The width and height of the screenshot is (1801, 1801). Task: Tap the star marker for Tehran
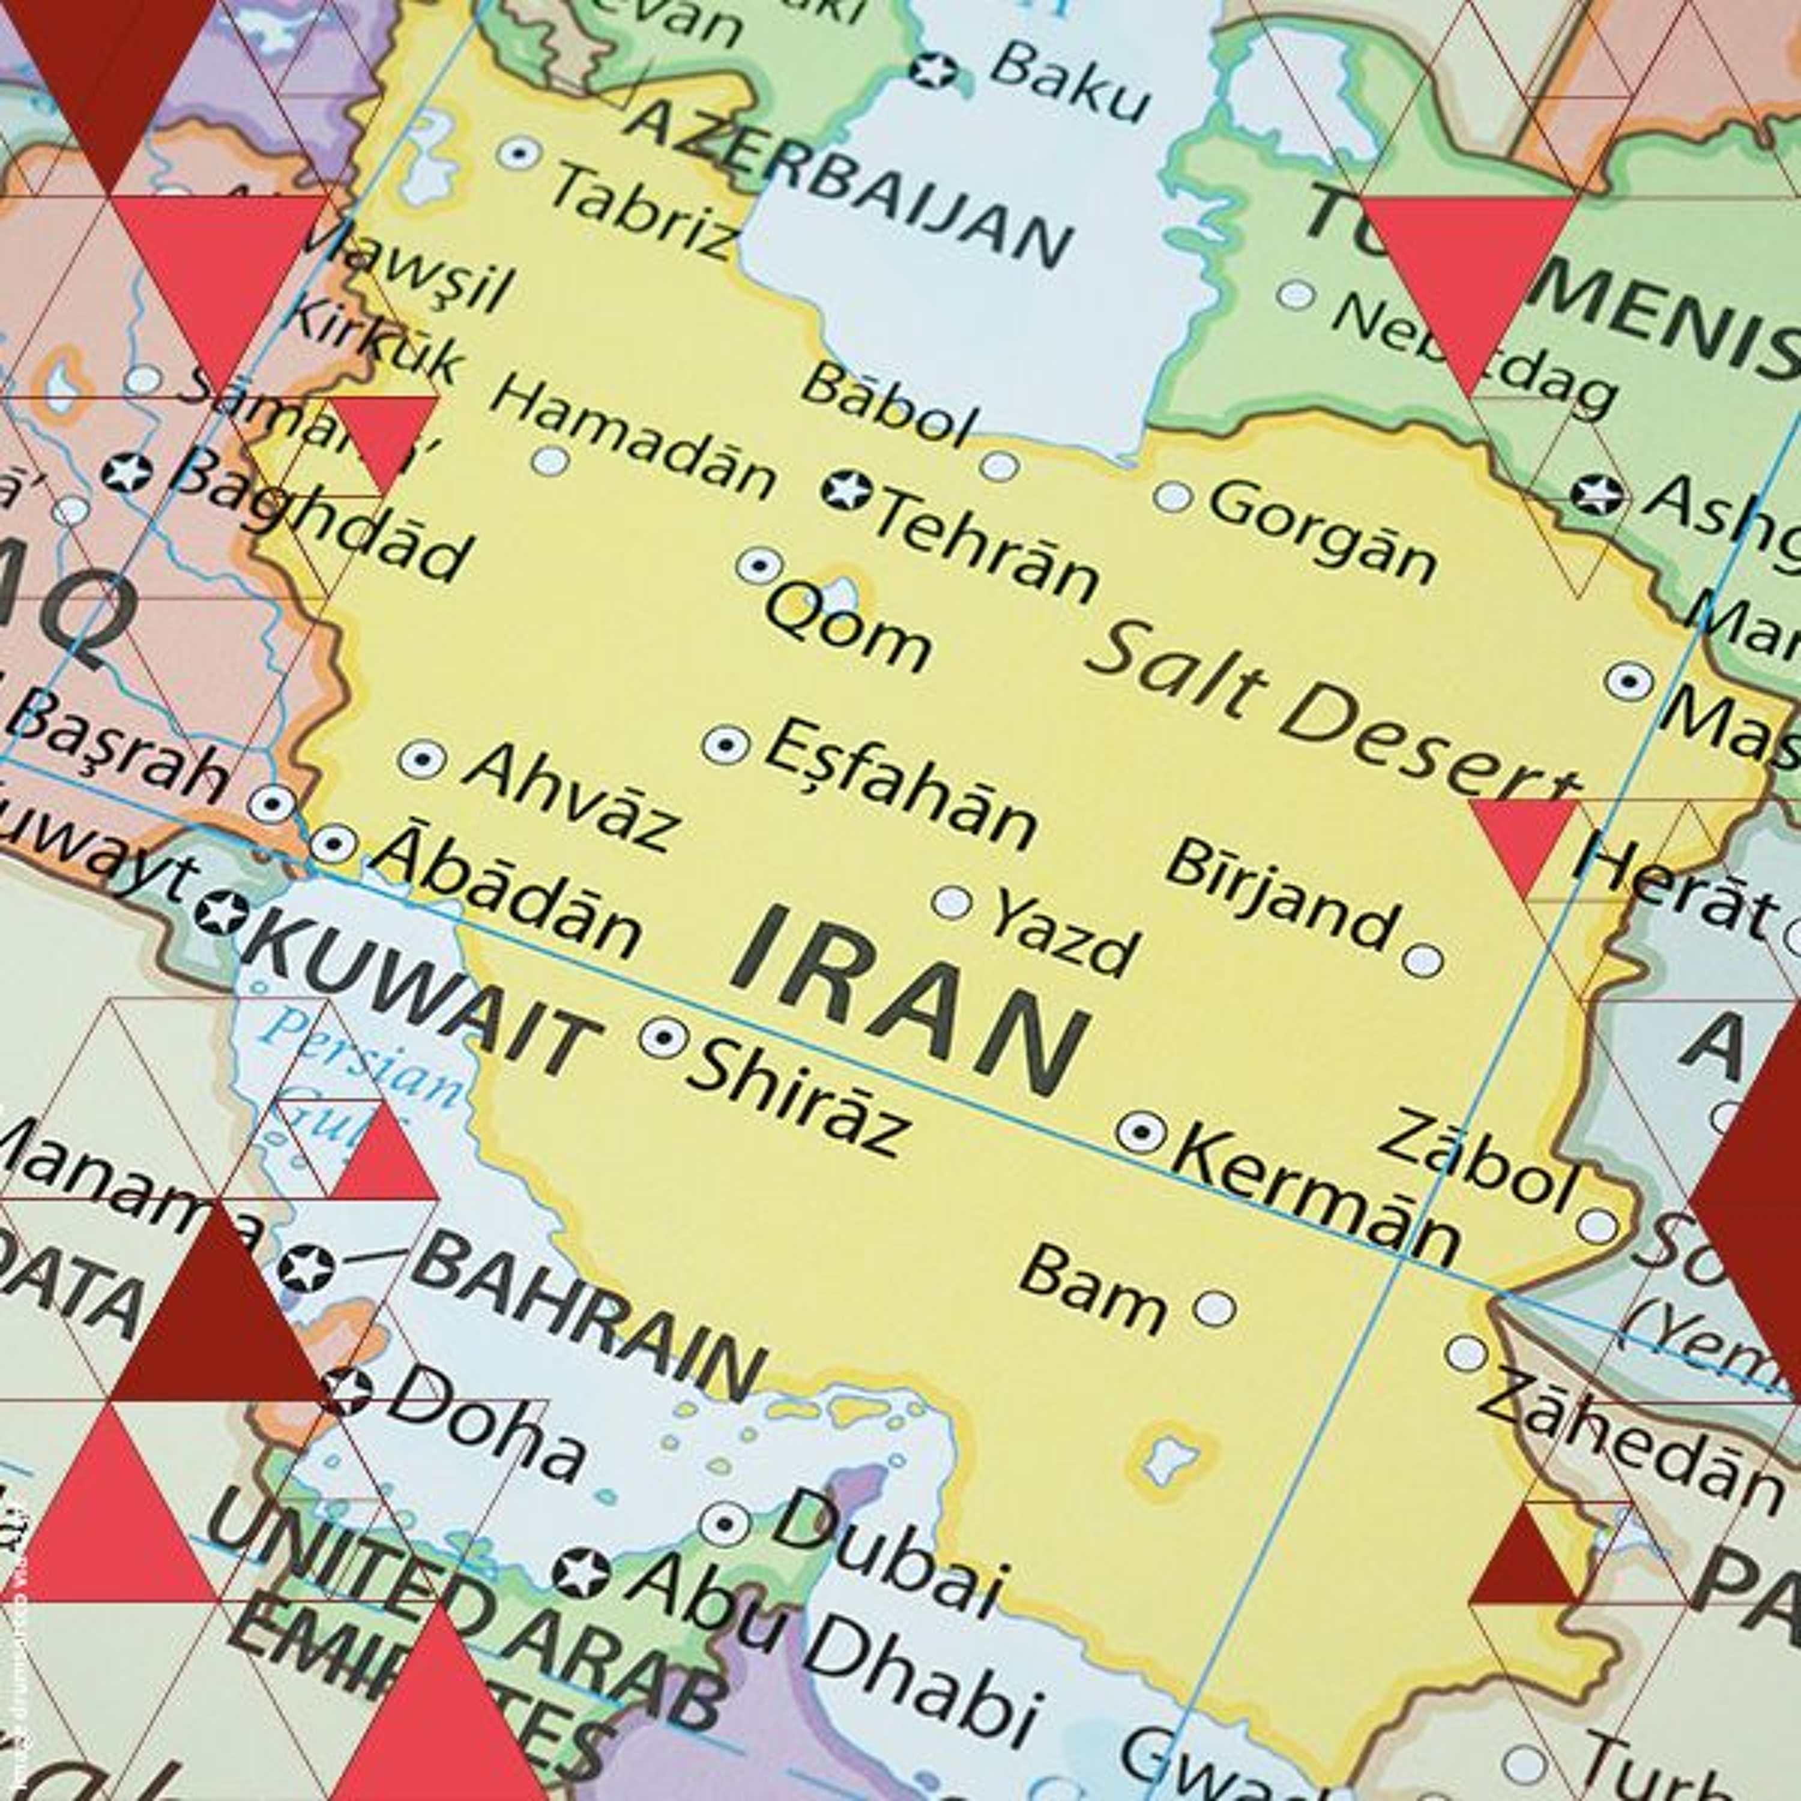pyautogui.click(x=846, y=489)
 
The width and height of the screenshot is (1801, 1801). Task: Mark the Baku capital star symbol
pyautogui.click(x=932, y=70)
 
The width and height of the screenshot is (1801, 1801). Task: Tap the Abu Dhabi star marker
pyautogui.click(x=580, y=1573)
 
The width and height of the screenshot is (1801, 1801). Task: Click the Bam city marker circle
pyautogui.click(x=1214, y=1309)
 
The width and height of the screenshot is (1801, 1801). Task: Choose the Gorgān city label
pyautogui.click(x=1324, y=531)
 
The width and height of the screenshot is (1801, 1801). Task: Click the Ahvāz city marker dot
pyautogui.click(x=422, y=760)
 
